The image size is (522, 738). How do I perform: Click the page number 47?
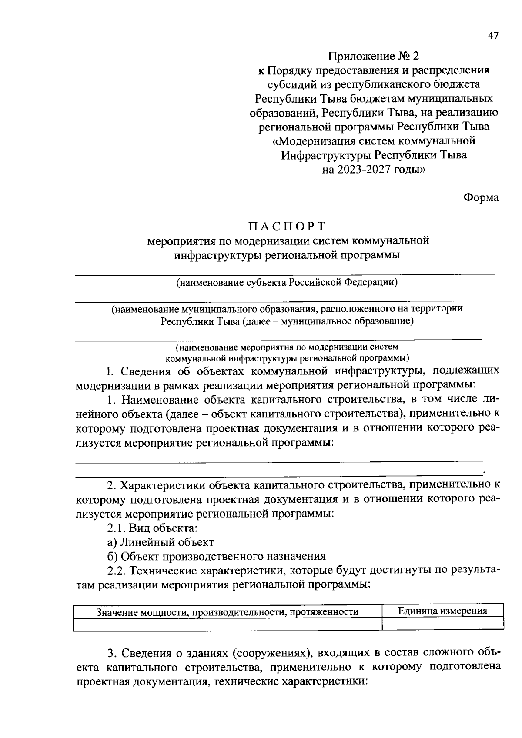pos(493,36)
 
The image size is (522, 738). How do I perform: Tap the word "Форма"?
pos(481,197)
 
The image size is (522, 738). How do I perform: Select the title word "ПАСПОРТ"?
pos(287,227)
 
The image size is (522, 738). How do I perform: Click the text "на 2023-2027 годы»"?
pos(374,170)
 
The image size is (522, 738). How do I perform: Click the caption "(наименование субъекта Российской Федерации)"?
pos(287,283)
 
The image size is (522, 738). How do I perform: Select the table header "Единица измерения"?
pos(442,611)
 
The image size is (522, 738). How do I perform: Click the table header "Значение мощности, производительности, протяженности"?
pos(227,612)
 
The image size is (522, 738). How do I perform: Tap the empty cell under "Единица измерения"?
pos(442,624)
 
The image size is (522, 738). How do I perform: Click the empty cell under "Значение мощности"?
pos(227,624)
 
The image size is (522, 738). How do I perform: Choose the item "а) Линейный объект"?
pos(161,542)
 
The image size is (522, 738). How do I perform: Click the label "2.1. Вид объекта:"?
pos(152,528)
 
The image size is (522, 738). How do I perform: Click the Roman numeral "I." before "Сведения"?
pos(110,371)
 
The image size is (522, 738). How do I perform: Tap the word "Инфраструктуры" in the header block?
pos(326,155)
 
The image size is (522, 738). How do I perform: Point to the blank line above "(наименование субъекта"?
pos(285,274)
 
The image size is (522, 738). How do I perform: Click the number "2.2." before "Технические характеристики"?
pos(117,571)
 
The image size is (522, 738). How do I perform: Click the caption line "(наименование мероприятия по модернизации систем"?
pos(287,347)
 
